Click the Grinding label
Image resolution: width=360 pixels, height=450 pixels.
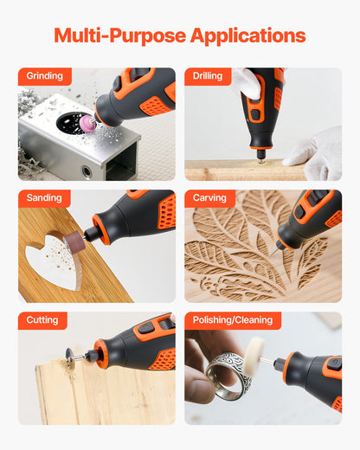44,76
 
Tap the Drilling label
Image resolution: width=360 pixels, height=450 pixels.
208,76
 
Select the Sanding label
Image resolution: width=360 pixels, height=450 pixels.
44,198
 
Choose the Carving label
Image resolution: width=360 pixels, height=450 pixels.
209,198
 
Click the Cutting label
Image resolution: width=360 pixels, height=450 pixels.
43,320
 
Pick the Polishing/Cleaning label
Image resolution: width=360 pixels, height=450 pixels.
233,320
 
